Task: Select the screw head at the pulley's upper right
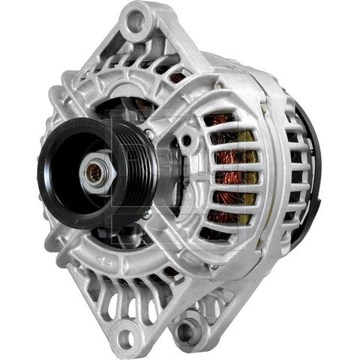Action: (x=149, y=132)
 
